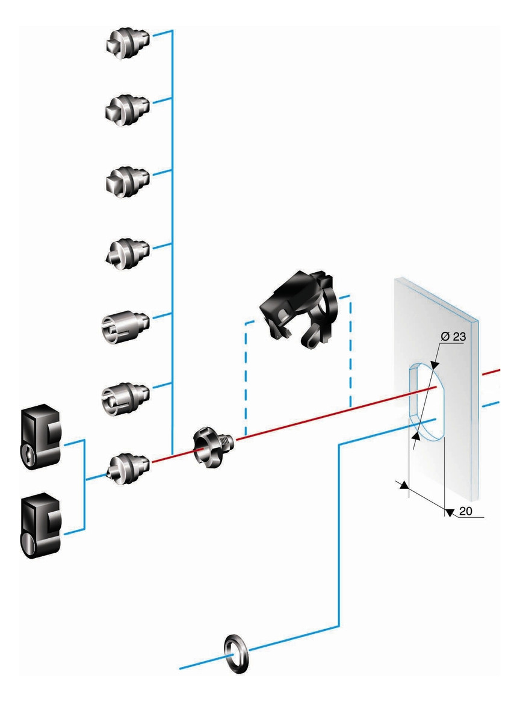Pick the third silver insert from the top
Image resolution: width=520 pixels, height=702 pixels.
tap(128, 179)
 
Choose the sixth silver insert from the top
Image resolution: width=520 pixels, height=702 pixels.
tap(125, 394)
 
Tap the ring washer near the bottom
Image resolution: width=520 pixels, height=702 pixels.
tap(236, 652)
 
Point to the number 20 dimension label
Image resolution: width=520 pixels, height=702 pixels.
tap(466, 512)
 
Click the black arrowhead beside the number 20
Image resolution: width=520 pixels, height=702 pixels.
tap(449, 511)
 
